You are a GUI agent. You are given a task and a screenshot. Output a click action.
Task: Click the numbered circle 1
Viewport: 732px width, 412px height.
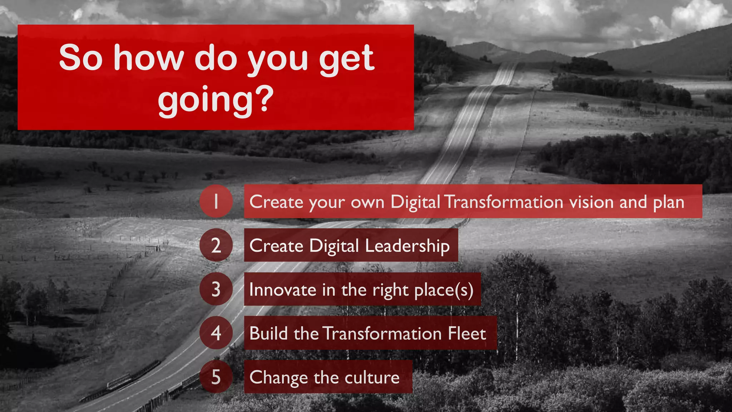point(216,201)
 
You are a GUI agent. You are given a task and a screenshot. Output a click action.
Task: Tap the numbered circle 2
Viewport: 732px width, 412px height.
point(216,245)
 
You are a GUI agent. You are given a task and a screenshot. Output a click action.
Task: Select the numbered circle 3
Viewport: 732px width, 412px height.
point(216,289)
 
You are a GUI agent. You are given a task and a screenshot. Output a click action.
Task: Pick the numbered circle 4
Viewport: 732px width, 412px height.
point(216,333)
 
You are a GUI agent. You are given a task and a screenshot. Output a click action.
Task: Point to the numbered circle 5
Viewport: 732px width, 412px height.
point(216,377)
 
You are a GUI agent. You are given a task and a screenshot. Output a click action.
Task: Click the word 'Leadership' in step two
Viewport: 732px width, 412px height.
point(407,246)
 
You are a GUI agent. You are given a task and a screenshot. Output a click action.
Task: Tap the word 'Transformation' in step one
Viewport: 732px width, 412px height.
point(504,202)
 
